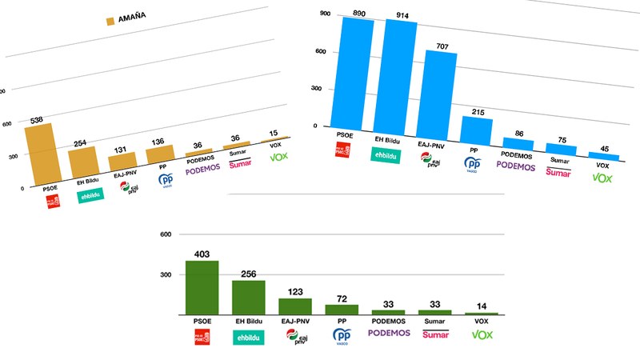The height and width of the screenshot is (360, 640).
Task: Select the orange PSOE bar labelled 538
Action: click(x=38, y=154)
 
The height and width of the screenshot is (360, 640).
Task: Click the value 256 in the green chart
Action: click(x=248, y=274)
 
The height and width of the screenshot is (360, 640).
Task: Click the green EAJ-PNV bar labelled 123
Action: click(x=294, y=306)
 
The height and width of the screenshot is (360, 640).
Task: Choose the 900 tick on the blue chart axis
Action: click(x=324, y=14)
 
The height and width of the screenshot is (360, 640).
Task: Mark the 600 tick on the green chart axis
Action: click(x=166, y=234)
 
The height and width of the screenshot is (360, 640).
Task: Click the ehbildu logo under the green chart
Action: click(x=248, y=338)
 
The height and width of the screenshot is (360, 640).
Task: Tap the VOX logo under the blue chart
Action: click(x=601, y=178)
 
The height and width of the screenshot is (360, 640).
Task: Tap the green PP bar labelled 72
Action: click(x=341, y=309)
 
